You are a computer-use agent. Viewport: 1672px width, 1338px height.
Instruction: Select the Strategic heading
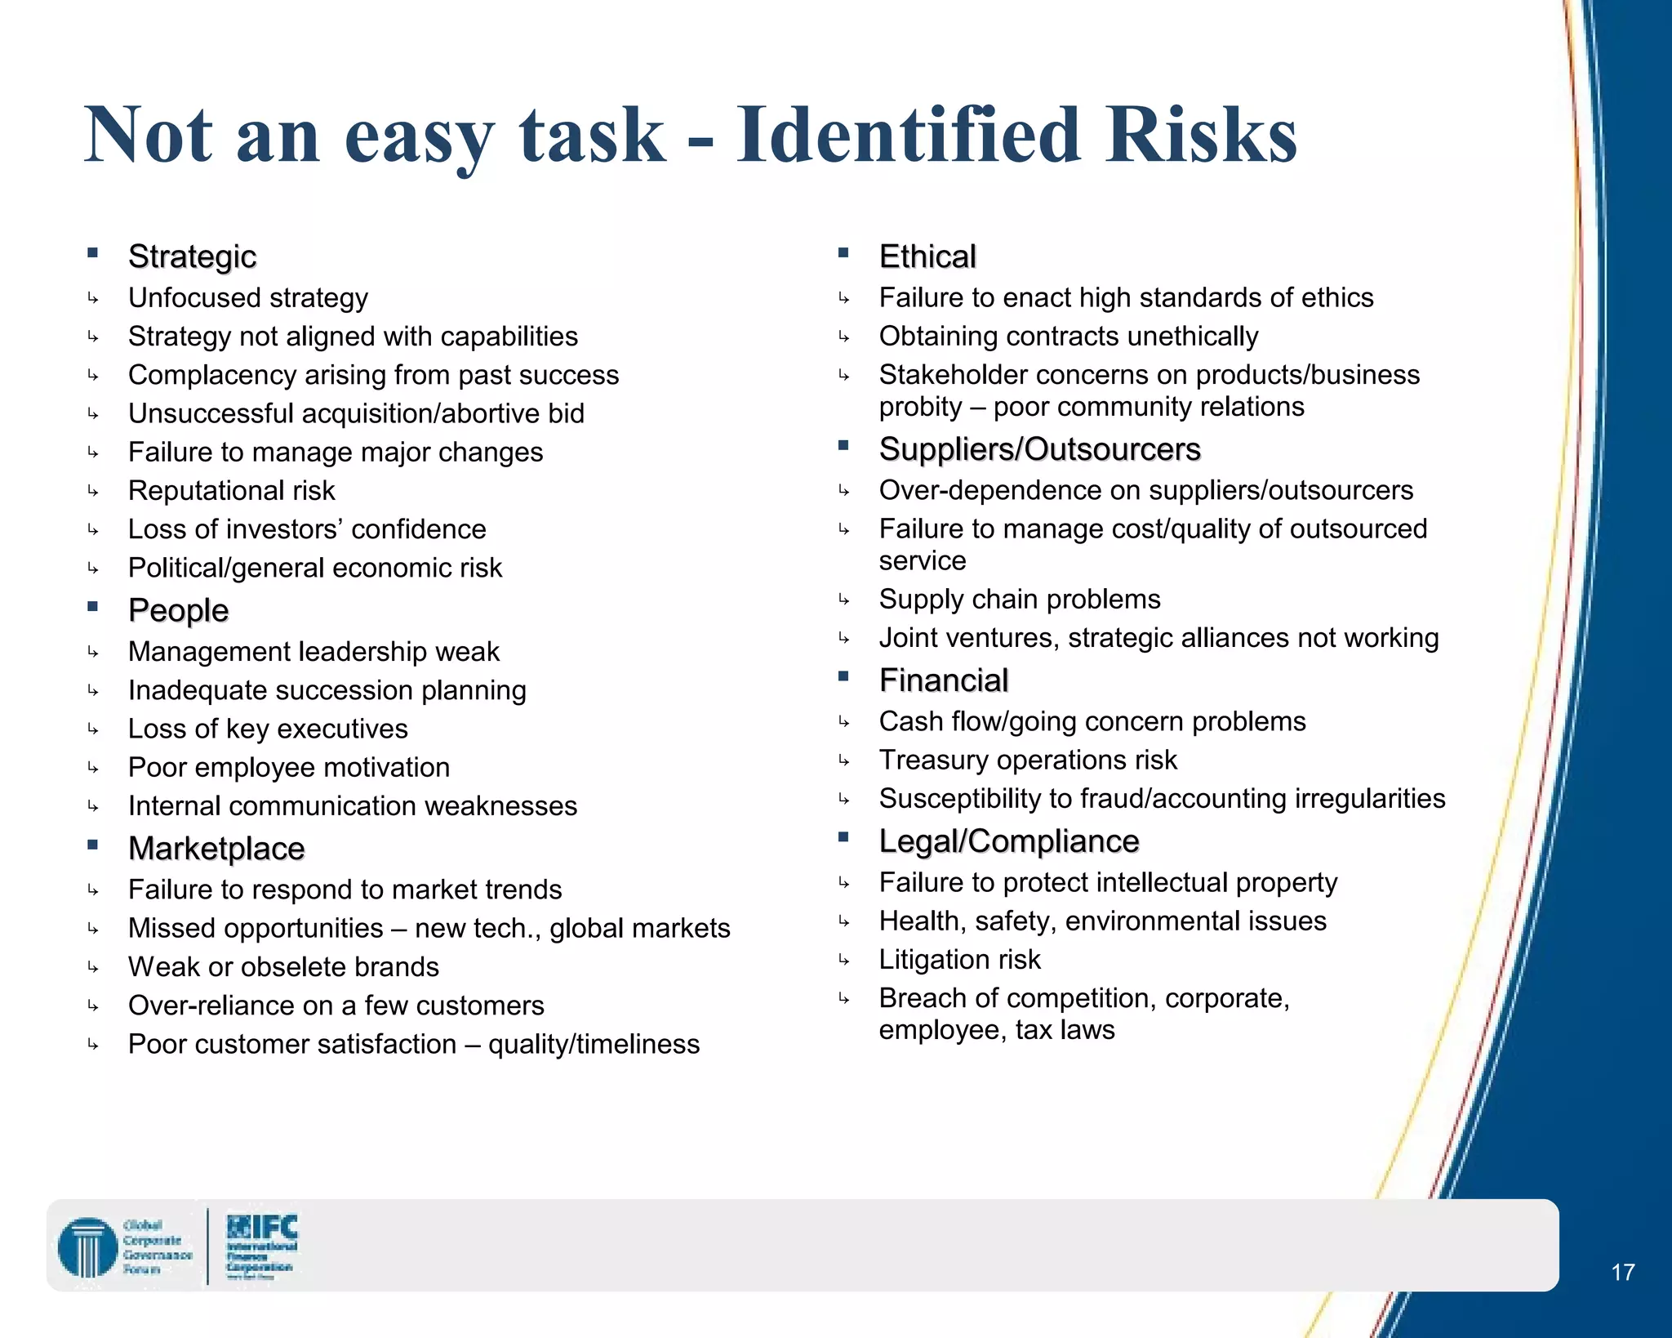coord(193,256)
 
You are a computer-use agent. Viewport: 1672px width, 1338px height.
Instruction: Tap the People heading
coord(179,610)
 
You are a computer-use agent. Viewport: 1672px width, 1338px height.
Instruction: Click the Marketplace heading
coord(216,849)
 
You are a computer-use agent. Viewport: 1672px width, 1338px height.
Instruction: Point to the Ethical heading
coord(927,256)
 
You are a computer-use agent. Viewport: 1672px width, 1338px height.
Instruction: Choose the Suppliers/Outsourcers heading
coord(1039,449)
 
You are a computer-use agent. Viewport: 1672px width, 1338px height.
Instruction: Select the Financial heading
coord(944,680)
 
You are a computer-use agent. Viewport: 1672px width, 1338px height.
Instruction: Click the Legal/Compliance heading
coord(1009,841)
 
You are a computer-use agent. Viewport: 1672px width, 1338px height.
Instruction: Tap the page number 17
coord(1623,1272)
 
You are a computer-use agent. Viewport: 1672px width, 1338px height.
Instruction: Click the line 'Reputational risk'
coord(232,491)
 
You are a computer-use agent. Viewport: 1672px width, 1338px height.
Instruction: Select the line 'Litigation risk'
coord(960,960)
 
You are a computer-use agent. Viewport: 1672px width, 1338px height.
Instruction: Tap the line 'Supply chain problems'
coord(1020,600)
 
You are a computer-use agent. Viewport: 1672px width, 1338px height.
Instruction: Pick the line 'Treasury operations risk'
coord(1028,760)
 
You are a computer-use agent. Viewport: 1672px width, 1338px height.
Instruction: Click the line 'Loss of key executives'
coord(268,729)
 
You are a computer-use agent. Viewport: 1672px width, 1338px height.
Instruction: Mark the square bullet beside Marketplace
coord(93,845)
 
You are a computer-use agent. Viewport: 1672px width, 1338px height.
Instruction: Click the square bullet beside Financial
coord(843,676)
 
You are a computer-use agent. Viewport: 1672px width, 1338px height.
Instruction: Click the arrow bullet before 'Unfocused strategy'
coord(93,299)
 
